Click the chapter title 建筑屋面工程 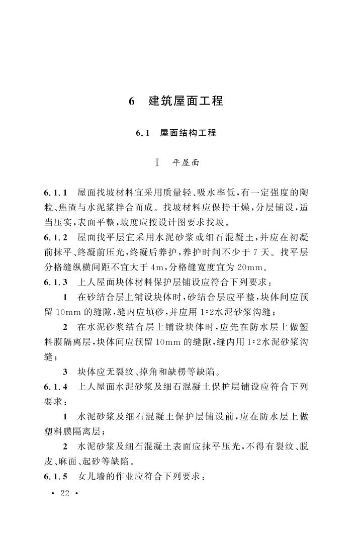(186, 101)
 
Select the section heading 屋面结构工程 (188, 133)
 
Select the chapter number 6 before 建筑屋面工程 (132, 101)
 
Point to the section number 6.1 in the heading (143, 133)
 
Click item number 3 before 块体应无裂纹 (65, 373)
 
